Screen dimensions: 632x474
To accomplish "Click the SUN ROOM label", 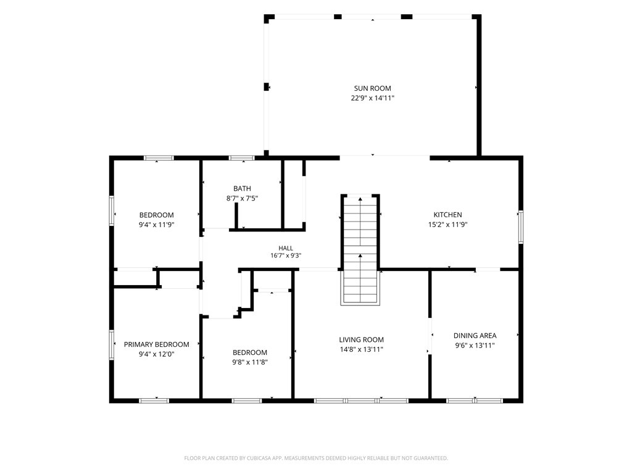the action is click(372, 88).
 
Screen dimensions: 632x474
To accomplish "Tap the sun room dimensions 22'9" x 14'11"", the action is click(372, 98).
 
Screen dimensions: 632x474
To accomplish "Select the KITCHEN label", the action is click(448, 215).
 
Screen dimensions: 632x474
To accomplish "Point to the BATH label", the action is click(242, 188).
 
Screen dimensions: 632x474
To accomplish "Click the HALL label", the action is click(286, 248).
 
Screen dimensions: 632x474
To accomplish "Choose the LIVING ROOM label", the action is click(362, 340).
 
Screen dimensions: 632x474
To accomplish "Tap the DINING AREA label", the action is click(475, 335).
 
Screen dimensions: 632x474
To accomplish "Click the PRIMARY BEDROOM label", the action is click(156, 344).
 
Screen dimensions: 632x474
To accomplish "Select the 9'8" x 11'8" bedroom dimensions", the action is click(250, 362).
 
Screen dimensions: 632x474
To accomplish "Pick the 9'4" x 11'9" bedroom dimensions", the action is click(156, 225).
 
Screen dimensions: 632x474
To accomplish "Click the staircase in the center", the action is click(360, 250).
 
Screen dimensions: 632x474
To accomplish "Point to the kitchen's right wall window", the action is click(521, 227).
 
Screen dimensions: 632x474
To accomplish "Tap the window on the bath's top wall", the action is click(242, 158).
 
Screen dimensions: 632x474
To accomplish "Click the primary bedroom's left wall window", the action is click(112, 345).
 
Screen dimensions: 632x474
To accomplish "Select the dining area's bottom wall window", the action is click(475, 401).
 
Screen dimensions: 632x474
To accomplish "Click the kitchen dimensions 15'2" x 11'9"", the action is click(448, 225).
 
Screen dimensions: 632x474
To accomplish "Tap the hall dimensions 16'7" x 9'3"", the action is click(286, 256).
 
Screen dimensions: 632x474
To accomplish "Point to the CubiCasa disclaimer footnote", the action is click(316, 458).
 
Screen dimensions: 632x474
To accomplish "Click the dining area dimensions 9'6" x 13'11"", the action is click(475, 345).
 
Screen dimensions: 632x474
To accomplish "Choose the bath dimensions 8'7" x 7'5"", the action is click(242, 198).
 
